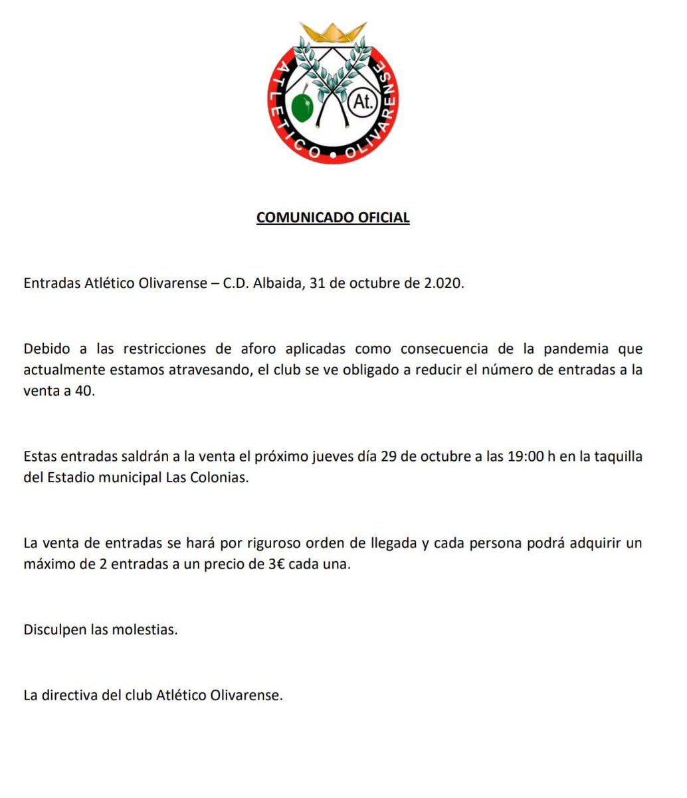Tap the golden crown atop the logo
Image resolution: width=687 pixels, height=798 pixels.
[333, 33]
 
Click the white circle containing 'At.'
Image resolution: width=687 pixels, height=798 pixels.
[363, 102]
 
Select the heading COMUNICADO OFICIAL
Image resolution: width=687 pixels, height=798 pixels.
[333, 217]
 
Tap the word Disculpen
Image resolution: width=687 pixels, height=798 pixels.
[54, 629]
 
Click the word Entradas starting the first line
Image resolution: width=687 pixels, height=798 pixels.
[51, 283]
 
